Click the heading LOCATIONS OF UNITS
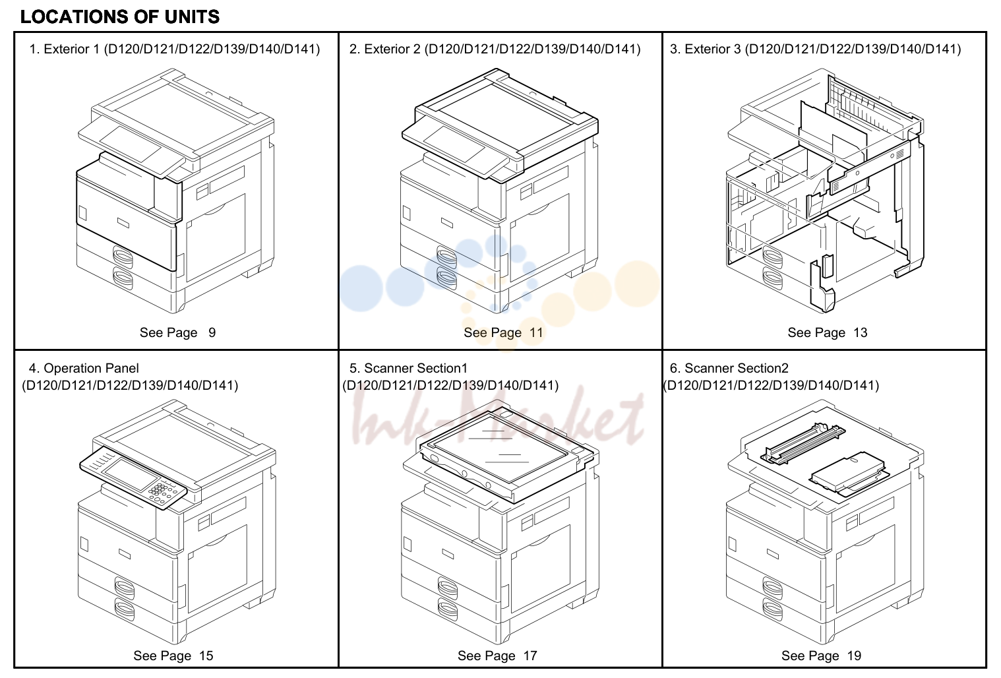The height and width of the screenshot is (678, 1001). (120, 16)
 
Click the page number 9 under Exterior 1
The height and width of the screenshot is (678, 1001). (212, 332)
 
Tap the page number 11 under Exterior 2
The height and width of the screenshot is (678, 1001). (536, 332)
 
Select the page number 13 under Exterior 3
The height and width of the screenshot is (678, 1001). (861, 332)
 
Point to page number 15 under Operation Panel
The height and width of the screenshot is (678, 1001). (206, 656)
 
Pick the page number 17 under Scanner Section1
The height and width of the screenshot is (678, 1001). (530, 656)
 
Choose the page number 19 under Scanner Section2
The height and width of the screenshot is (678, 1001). (854, 656)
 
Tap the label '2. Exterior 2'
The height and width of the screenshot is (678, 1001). (384, 49)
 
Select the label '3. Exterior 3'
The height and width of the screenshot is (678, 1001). (705, 49)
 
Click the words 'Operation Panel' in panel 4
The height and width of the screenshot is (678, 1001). (91, 368)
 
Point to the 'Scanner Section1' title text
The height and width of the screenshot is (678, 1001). (415, 368)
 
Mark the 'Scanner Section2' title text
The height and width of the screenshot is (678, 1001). (737, 368)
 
